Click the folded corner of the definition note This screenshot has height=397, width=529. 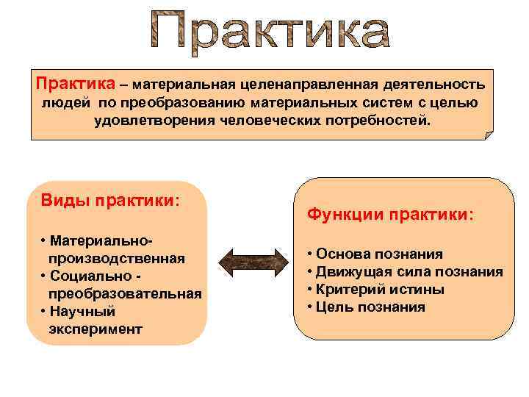(487, 134)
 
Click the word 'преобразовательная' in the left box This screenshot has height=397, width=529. (125, 293)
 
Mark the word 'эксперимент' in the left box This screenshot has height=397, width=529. (95, 329)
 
